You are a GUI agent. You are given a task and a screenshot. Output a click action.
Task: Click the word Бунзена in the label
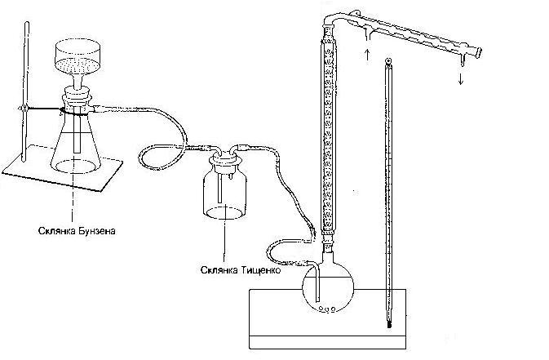(96, 231)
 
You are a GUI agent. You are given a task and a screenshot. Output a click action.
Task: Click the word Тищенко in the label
(260, 270)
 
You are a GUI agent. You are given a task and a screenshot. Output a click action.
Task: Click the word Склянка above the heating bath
(219, 270)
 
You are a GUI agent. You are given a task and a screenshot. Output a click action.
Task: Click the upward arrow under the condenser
(367, 55)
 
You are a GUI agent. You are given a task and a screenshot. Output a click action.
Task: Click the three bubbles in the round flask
(327, 309)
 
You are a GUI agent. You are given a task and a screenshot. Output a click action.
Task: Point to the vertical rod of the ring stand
(25, 92)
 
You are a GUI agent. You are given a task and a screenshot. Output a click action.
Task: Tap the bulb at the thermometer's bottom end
(389, 322)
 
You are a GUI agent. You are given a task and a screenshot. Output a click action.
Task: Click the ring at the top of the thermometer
(388, 61)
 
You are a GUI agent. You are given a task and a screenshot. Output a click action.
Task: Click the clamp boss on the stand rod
(24, 109)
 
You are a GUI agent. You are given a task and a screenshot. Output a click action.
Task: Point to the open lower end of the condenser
(478, 53)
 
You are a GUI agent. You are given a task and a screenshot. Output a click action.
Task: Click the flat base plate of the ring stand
(63, 167)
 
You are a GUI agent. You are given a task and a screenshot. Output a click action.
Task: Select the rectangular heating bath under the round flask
(328, 319)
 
